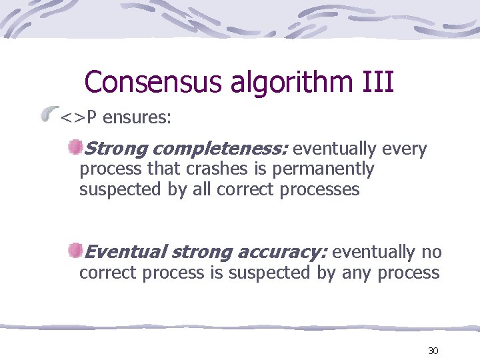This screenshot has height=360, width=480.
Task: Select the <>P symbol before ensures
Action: tap(79, 118)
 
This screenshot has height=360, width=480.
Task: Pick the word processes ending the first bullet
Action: tap(319, 190)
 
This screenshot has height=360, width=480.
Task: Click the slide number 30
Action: tap(433, 351)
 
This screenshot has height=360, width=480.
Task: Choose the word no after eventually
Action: tap(431, 252)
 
